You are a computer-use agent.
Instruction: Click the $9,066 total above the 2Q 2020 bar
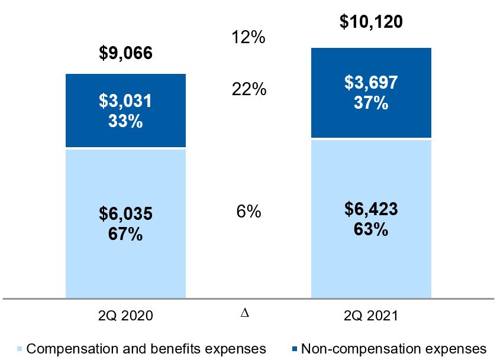pyautogui.click(x=125, y=54)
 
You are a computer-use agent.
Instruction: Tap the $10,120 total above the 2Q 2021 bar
pyautogui.click(x=371, y=22)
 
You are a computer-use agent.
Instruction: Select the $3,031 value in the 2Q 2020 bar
pyautogui.click(x=125, y=102)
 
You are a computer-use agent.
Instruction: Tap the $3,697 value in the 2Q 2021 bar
pyautogui.click(x=371, y=83)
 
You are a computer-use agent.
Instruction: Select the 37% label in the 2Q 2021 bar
pyautogui.click(x=371, y=103)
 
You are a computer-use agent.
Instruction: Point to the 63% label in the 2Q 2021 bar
pyautogui.click(x=371, y=229)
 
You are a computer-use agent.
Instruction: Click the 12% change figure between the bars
pyautogui.click(x=248, y=38)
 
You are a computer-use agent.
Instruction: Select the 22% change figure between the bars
pyautogui.click(x=248, y=90)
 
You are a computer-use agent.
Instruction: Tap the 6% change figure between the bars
pyautogui.click(x=248, y=212)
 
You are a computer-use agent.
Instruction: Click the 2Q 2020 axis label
pyautogui.click(x=125, y=316)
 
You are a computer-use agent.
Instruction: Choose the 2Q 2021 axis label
pyautogui.click(x=371, y=316)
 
